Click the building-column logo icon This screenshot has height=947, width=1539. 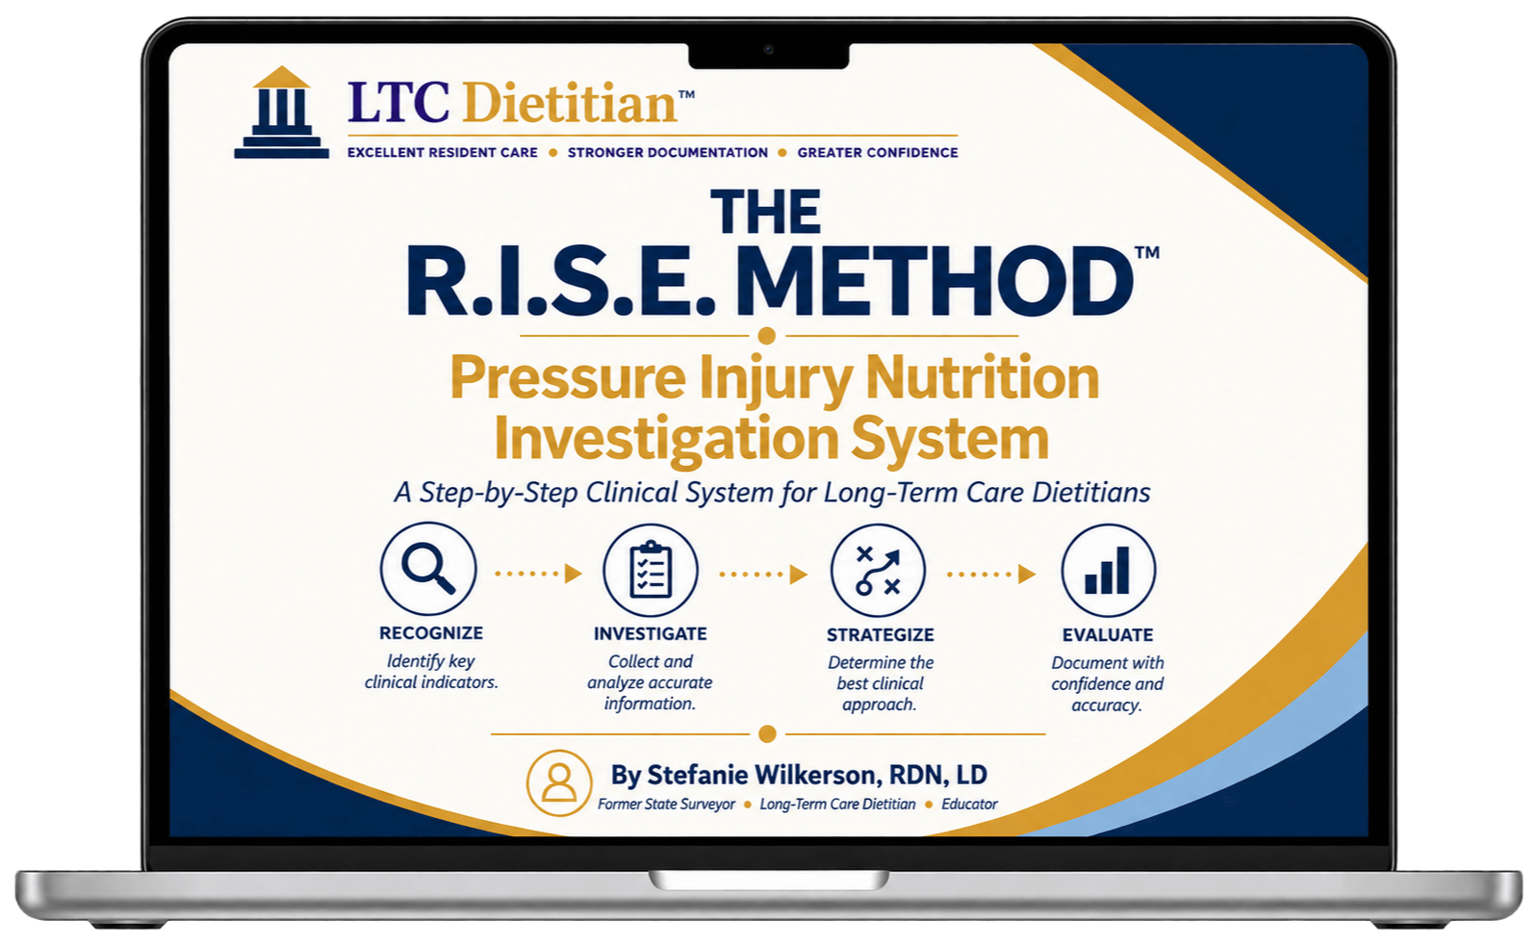pyautogui.click(x=282, y=113)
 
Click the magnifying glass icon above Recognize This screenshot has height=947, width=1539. pyautogui.click(x=428, y=569)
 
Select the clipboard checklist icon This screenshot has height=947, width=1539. pyautogui.click(x=651, y=570)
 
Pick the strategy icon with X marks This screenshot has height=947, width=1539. pyautogui.click(x=878, y=571)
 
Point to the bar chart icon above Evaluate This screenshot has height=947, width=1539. pyautogui.click(x=1108, y=571)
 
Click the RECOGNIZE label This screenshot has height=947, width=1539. pyautogui.click(x=431, y=633)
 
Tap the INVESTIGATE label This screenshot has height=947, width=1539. pyautogui.click(x=650, y=633)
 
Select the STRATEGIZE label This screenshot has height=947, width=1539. pyautogui.click(x=880, y=635)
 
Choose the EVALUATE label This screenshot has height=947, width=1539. pyautogui.click(x=1108, y=635)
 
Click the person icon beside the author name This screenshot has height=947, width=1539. pyautogui.click(x=559, y=782)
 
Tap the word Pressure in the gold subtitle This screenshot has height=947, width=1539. pyautogui.click(x=568, y=378)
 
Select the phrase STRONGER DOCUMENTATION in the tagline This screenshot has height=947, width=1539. pyautogui.click(x=668, y=153)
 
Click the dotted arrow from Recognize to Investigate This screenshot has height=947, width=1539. pyautogui.click(x=539, y=574)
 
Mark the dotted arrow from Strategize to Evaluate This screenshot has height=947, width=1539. pyautogui.click(x=991, y=574)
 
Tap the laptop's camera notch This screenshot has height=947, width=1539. pyautogui.click(x=769, y=55)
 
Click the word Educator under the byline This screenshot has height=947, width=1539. pyautogui.click(x=969, y=804)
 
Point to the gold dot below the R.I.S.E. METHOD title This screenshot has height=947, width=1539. pyautogui.click(x=767, y=335)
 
